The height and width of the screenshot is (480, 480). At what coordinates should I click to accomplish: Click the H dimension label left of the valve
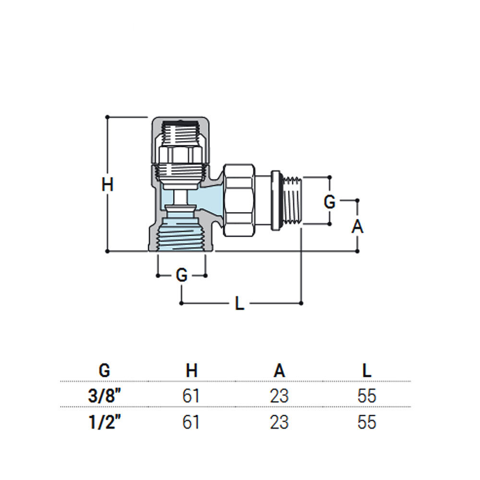pos(108,184)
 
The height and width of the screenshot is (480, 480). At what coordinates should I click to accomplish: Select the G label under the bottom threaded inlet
pos(181,276)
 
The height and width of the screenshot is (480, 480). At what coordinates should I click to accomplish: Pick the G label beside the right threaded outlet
pos(329,202)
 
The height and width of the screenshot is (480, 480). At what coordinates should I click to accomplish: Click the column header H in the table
pos(192,371)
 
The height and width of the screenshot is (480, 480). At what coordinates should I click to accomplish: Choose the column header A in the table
pos(279,371)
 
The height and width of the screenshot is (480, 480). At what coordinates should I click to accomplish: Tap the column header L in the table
pos(367,371)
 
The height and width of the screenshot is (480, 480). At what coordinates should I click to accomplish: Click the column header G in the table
pos(104,371)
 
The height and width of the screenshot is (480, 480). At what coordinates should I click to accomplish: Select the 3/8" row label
pos(105,396)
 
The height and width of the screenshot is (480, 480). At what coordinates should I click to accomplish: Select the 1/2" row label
pos(105,422)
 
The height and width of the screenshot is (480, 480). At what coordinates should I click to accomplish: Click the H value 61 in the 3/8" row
pos(191,396)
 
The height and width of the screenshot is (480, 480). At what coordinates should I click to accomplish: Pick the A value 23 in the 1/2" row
pos(279,422)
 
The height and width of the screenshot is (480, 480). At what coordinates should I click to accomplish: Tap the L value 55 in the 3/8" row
pos(367,396)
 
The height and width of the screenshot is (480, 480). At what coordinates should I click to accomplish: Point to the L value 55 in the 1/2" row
pos(367,422)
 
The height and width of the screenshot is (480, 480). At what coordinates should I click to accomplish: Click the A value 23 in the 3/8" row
pos(279,396)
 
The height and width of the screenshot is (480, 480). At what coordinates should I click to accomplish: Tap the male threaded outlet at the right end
pos(293,200)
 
